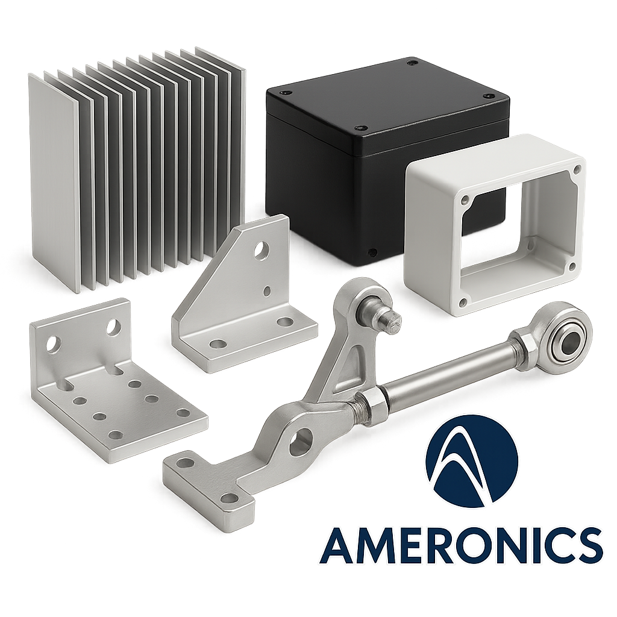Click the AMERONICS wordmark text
coord(461,545)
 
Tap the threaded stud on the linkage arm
coord(390,319)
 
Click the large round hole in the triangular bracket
coord(260,250)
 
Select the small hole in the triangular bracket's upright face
coord(267,291)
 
